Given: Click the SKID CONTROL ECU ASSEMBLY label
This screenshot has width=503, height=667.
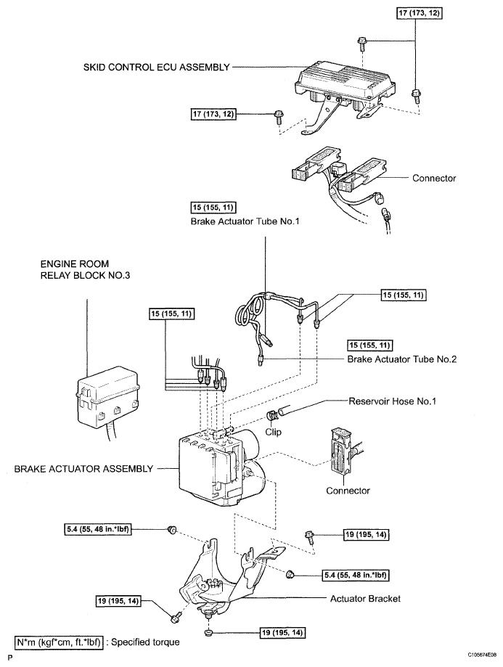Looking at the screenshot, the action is click(x=157, y=67).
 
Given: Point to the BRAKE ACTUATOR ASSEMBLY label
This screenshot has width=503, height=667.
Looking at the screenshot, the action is click(x=83, y=469).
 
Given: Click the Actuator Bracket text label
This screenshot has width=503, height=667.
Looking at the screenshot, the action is click(x=365, y=599).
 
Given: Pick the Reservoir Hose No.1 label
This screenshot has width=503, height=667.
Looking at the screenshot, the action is click(x=393, y=401).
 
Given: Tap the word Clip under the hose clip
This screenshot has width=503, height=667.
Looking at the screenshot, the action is click(x=273, y=432).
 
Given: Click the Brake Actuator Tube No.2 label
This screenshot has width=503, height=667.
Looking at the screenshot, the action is click(x=401, y=359).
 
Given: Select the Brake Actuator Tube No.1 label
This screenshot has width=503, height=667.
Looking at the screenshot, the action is click(x=245, y=221).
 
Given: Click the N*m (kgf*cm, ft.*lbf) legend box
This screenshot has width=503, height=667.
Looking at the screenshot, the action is click(x=59, y=642).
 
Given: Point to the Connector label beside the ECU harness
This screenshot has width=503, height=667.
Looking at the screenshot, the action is click(x=433, y=179).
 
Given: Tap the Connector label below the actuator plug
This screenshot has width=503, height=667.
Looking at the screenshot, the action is click(x=348, y=491).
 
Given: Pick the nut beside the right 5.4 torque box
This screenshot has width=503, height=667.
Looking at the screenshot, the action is click(x=290, y=575).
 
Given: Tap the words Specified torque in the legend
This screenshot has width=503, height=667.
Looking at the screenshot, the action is click(x=145, y=642).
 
